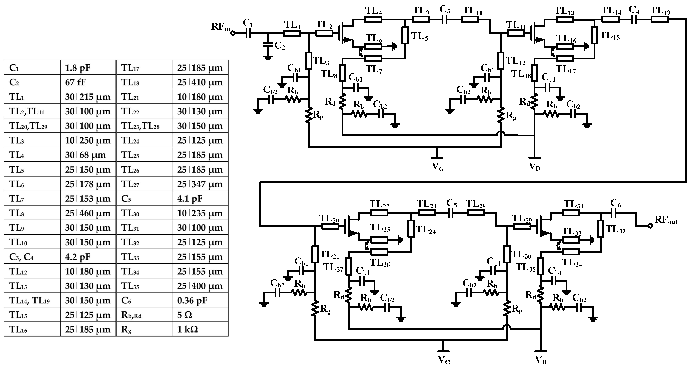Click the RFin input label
click(x=220, y=27)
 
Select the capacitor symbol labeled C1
click(x=248, y=33)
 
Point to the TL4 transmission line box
click(x=373, y=19)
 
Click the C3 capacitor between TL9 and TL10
click(x=444, y=19)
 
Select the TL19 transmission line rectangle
click(x=660, y=19)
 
